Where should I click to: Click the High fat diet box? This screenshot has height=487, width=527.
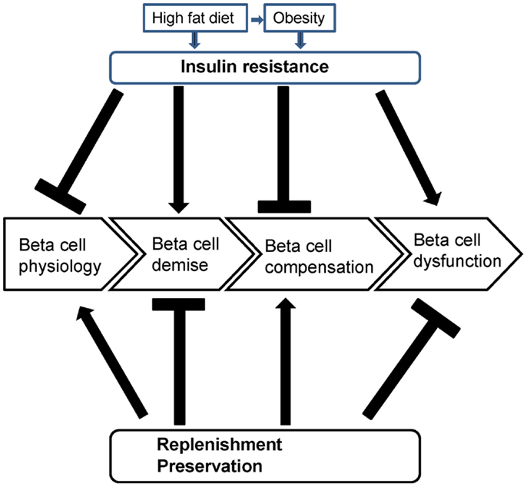pos(195,18)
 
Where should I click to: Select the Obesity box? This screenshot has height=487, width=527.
pos(300,18)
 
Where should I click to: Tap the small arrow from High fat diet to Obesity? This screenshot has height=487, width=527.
pos(257,21)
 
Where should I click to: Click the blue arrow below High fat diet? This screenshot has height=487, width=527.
pos(194,41)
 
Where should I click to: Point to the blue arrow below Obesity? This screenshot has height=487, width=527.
pos(300,41)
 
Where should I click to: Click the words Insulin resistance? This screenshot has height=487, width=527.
pos(255,66)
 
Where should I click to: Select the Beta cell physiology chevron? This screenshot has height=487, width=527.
pos(70,254)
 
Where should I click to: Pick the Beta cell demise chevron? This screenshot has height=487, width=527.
pos(181,254)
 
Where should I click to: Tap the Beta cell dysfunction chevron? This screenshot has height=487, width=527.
pos(449,254)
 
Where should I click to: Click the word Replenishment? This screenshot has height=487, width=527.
pos(220,444)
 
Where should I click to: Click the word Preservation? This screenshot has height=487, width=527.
pos(210,466)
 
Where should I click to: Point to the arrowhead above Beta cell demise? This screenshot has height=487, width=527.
pos(179,207)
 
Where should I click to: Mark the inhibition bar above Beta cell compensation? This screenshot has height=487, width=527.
pos(284,207)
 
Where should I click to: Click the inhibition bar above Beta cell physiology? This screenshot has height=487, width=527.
pos(60,197)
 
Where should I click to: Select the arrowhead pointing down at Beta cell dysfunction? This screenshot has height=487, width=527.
pos(433,199)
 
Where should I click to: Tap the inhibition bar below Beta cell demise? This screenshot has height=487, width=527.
pos(178,304)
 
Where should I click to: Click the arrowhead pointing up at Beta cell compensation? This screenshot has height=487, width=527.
pos(285,303)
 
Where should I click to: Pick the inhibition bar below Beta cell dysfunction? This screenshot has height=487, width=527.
pos(436,318)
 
